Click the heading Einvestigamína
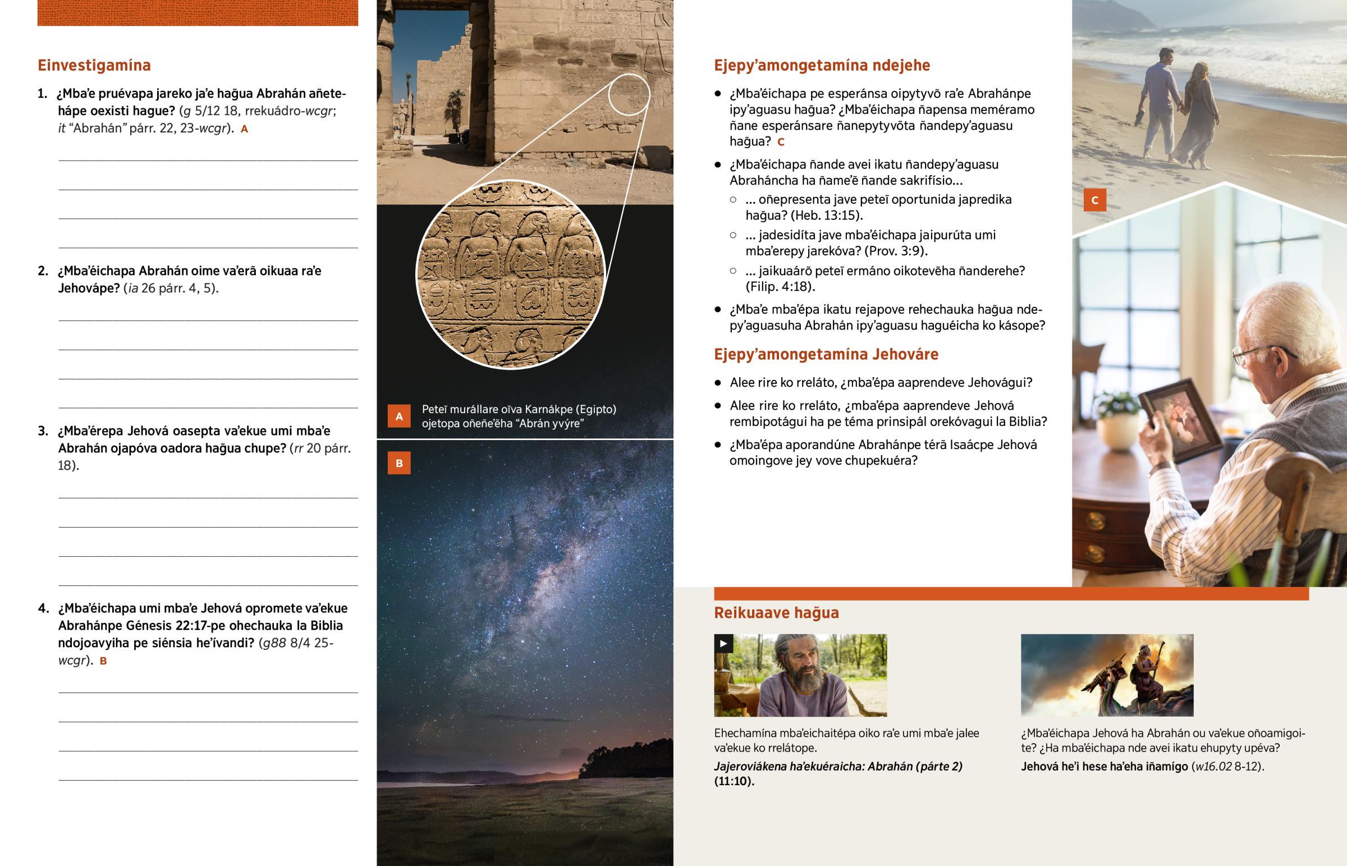(94, 65)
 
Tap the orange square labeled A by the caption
(399, 416)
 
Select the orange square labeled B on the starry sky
(399, 464)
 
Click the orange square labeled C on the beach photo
(1094, 200)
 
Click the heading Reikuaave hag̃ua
(776, 613)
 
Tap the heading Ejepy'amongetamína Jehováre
(826, 354)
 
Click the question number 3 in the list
(43, 431)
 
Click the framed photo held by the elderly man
(1180, 419)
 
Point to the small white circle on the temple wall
(629, 94)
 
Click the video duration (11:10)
(734, 781)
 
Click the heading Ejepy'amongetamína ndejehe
(821, 65)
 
